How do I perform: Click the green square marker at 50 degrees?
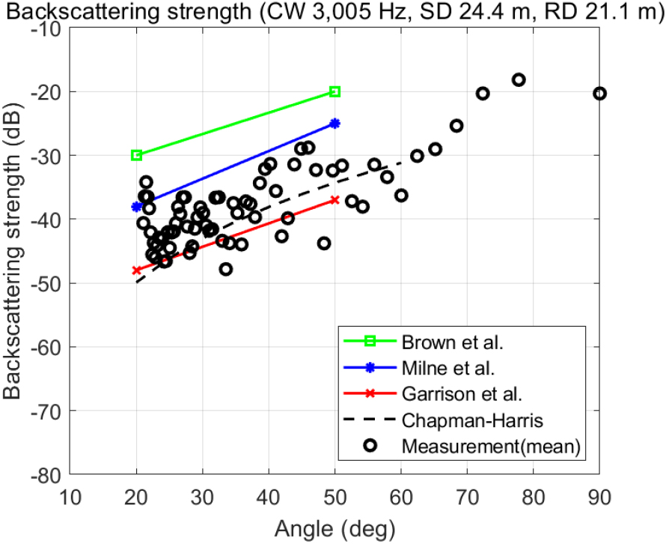click(x=335, y=91)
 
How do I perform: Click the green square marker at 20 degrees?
click(x=137, y=155)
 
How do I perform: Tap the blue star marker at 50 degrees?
click(x=335, y=123)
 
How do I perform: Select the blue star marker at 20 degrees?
click(x=137, y=206)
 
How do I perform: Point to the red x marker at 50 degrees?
click(x=335, y=200)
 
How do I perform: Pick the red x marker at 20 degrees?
click(x=137, y=271)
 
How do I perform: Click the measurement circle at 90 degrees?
click(x=599, y=93)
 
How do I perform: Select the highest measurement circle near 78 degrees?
click(x=519, y=79)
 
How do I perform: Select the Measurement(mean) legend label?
click(x=492, y=446)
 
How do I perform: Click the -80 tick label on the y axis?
click(x=48, y=474)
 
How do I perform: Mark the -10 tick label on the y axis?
click(x=48, y=28)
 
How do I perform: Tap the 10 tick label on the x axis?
click(x=70, y=495)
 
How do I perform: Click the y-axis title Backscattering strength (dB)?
click(x=14, y=251)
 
